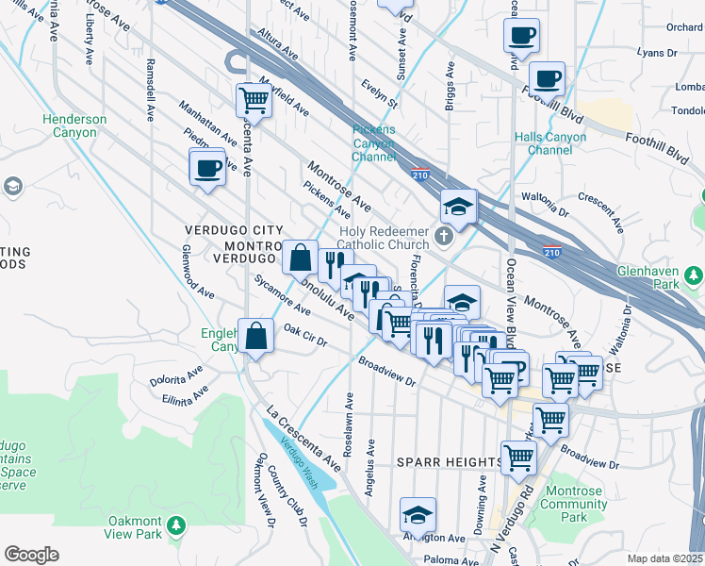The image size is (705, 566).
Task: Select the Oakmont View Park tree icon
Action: (176, 524)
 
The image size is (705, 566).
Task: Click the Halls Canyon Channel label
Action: (550, 143)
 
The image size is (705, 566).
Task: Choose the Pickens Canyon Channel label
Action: (374, 143)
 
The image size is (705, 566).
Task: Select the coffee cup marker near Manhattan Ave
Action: (207, 170)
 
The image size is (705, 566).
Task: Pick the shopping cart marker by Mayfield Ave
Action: (254, 98)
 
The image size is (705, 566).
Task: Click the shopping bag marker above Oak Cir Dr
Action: (256, 335)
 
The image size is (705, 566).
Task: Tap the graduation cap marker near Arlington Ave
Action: (418, 515)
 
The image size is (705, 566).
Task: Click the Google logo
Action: (32, 555)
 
